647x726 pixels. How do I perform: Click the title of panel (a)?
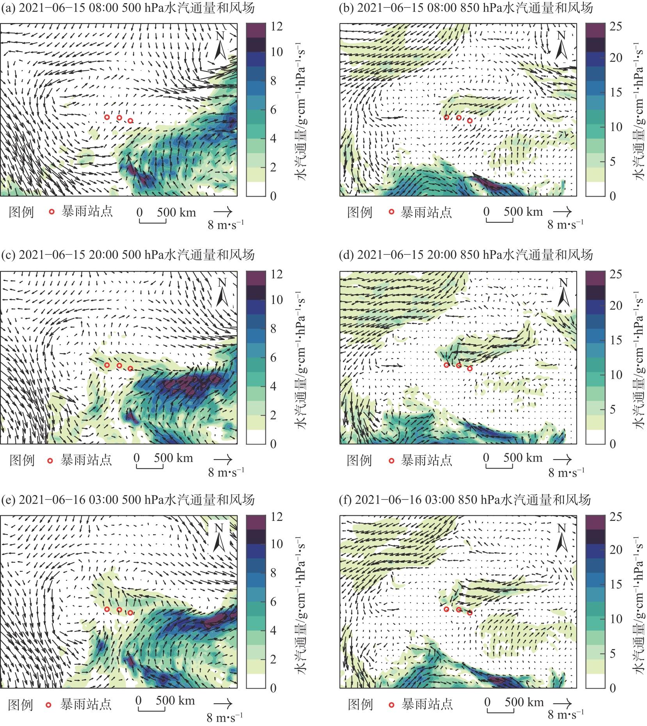click(128, 8)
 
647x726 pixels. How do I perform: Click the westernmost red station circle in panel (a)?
click(107, 117)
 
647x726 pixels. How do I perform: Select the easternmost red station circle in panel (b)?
click(470, 121)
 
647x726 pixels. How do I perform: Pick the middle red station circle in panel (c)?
click(119, 365)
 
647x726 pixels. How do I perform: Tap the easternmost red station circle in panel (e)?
click(130, 613)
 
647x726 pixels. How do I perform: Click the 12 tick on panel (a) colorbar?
click(276, 26)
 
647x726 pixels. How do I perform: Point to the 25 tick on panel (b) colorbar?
click(616, 26)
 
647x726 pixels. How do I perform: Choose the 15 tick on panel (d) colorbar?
click(616, 340)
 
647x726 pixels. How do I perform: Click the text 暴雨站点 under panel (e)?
click(86, 704)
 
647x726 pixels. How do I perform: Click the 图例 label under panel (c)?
click(22, 460)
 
